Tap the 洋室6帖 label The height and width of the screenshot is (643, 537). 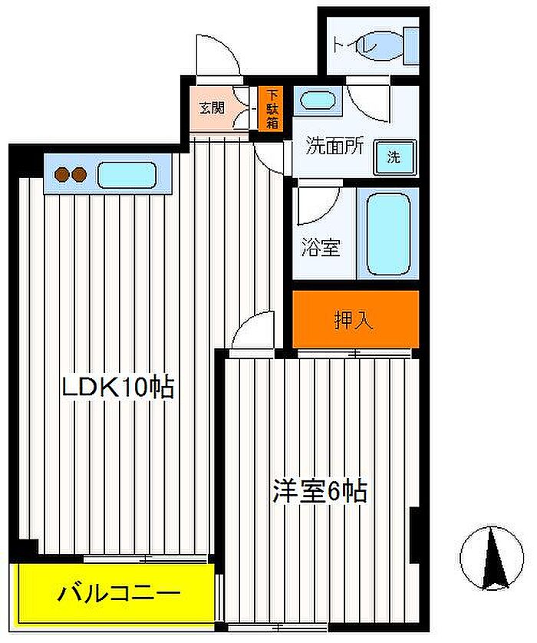(x=320, y=490)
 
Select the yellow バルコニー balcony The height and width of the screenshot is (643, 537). (x=117, y=593)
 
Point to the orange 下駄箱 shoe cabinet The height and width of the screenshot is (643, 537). (x=272, y=109)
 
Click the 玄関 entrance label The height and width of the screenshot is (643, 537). (x=212, y=108)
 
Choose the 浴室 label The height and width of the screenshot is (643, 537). (x=321, y=247)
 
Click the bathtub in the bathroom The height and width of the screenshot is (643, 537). (x=388, y=234)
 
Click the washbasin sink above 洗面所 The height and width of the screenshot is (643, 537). (x=318, y=100)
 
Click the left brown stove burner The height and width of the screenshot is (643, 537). (x=62, y=175)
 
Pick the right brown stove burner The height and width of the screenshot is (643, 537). (x=79, y=175)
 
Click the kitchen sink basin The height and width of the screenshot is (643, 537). (x=127, y=175)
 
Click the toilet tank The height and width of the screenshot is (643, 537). (x=411, y=46)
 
